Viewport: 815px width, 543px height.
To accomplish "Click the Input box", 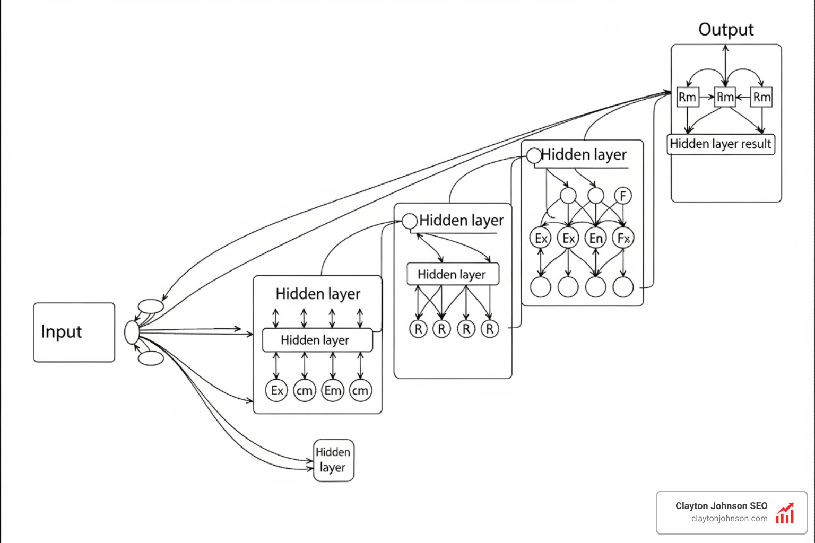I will [74, 332].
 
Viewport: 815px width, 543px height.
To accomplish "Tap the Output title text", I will [725, 30].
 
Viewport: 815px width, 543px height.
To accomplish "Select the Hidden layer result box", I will [721, 144].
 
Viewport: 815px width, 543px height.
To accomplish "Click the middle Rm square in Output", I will [725, 97].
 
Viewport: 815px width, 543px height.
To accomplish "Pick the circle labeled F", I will [623, 196].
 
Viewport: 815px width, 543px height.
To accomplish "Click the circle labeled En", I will [595, 238].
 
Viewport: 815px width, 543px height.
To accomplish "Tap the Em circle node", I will [333, 391].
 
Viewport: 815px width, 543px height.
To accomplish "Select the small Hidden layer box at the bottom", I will [333, 460].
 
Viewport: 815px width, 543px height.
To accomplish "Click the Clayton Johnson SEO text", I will [721, 506].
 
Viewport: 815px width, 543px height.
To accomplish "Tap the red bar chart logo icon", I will [785, 513].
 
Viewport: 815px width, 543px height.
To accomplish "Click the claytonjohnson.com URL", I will [729, 519].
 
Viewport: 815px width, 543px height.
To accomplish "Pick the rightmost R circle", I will [490, 329].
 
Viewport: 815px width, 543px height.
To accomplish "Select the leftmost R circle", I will [418, 329].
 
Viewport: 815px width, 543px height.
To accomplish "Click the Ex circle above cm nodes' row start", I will [276, 391].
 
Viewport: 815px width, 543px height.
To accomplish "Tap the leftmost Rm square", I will [688, 97].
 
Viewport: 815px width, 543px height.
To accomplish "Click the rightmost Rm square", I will [761, 97].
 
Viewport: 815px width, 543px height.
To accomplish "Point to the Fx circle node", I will [623, 238].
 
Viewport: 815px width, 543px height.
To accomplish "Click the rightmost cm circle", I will [360, 391].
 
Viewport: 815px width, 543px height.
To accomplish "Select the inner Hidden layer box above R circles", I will [452, 274].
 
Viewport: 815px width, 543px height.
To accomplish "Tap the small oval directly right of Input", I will [132, 332].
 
